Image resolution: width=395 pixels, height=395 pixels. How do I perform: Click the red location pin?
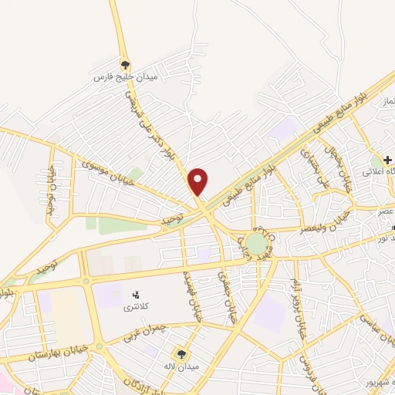pos(198,181)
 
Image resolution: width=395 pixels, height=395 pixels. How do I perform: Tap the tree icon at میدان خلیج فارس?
pos(124,66)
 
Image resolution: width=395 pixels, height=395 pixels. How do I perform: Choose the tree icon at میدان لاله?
pos(181,353)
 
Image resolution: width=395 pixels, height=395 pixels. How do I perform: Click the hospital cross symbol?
pos(387,159)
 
